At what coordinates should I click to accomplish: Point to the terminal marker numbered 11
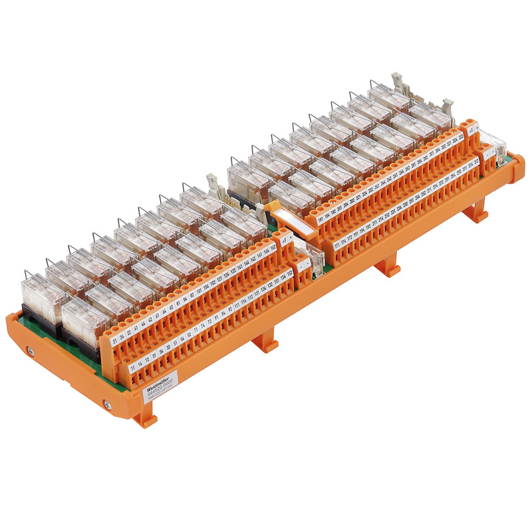click(x=133, y=367)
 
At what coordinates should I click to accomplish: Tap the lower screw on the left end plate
click(x=106, y=402)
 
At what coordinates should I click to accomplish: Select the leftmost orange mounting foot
click(x=145, y=418)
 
